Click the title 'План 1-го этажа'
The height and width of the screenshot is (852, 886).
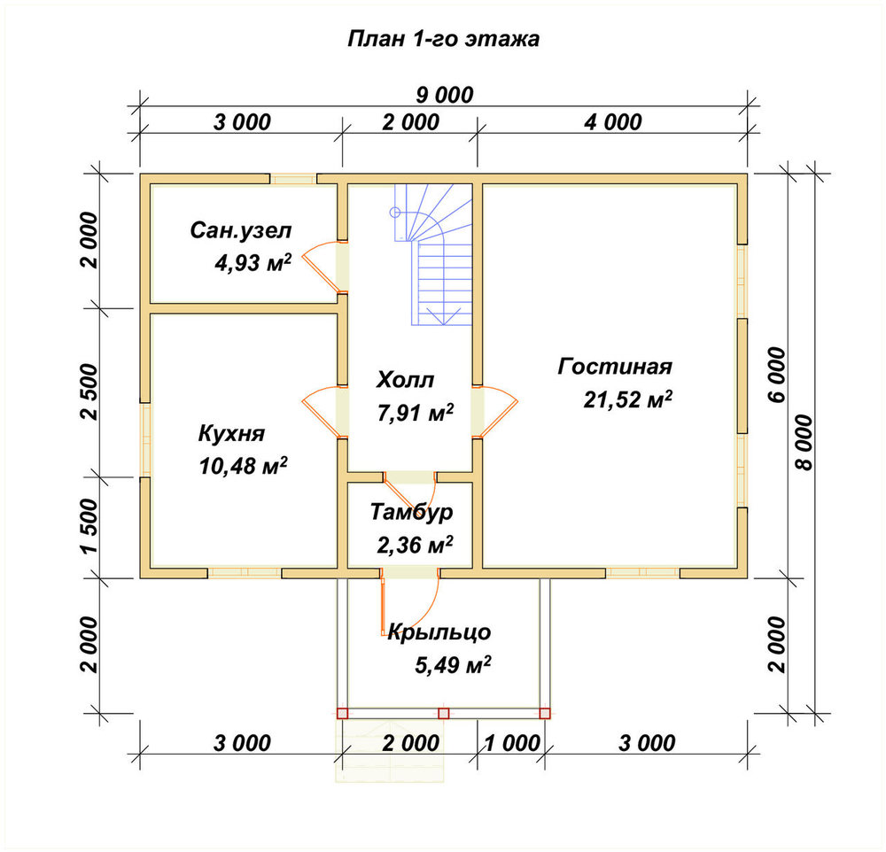click(443, 39)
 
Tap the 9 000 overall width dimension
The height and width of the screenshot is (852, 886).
click(445, 95)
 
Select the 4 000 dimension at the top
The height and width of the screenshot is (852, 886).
click(613, 122)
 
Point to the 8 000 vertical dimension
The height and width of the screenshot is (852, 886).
click(803, 443)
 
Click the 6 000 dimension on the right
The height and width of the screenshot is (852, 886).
click(777, 375)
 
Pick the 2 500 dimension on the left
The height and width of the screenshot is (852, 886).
click(89, 391)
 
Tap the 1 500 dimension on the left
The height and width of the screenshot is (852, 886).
click(89, 527)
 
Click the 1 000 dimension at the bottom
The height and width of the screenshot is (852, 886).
click(512, 743)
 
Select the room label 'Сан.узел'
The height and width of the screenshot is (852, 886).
click(241, 230)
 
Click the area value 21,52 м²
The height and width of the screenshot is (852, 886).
click(628, 399)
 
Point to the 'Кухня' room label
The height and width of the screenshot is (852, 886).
click(231, 433)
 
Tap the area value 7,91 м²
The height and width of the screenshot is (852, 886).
click(416, 412)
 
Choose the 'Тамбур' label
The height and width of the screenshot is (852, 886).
click(412, 511)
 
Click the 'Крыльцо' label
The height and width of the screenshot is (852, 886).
click(439, 631)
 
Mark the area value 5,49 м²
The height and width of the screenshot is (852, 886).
click(453, 664)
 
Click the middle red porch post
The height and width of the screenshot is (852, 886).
click(444, 714)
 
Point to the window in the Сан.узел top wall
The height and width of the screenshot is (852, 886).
click(292, 179)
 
